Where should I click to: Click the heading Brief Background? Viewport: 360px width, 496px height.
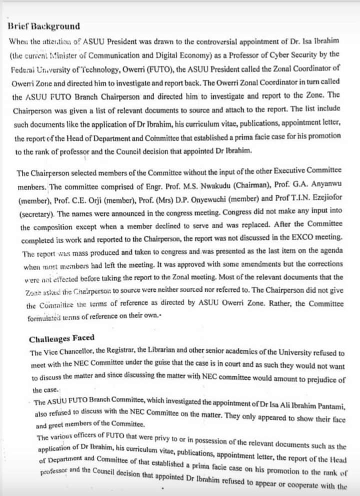(44, 26)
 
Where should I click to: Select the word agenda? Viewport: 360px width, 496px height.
(331, 250)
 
